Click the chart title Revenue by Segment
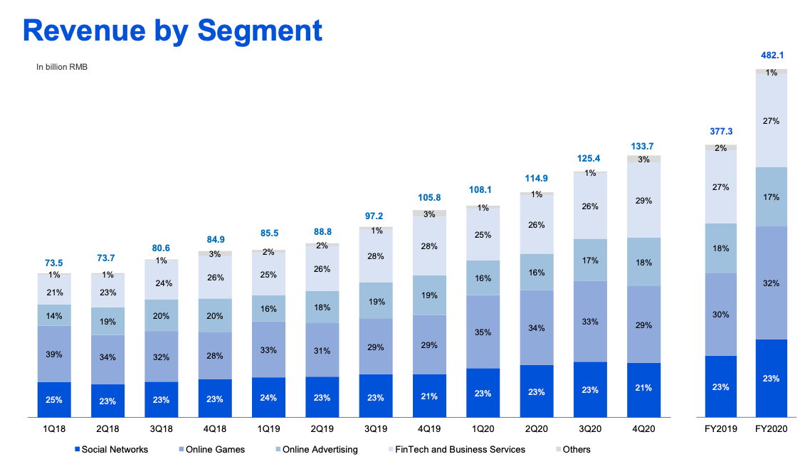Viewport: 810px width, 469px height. coord(172,31)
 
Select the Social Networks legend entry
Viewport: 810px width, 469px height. coord(114,449)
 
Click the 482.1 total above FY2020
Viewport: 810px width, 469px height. coord(771,55)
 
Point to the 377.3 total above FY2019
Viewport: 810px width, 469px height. coord(720,131)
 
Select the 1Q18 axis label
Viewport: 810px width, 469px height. coord(54,430)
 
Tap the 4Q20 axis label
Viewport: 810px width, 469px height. coord(643,430)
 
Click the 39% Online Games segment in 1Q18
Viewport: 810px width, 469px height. coord(54,354)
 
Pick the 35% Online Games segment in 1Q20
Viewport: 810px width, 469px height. coord(483,332)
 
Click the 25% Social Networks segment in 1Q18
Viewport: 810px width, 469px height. coord(54,400)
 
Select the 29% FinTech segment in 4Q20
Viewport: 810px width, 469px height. coord(643,201)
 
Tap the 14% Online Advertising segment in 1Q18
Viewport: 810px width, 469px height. coord(54,315)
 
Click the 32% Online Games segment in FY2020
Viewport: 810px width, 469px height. coord(771,283)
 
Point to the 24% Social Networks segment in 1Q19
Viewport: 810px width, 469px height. coord(268,398)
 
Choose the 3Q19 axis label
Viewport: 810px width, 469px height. coord(376,430)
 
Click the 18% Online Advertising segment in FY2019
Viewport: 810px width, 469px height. coord(720,248)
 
